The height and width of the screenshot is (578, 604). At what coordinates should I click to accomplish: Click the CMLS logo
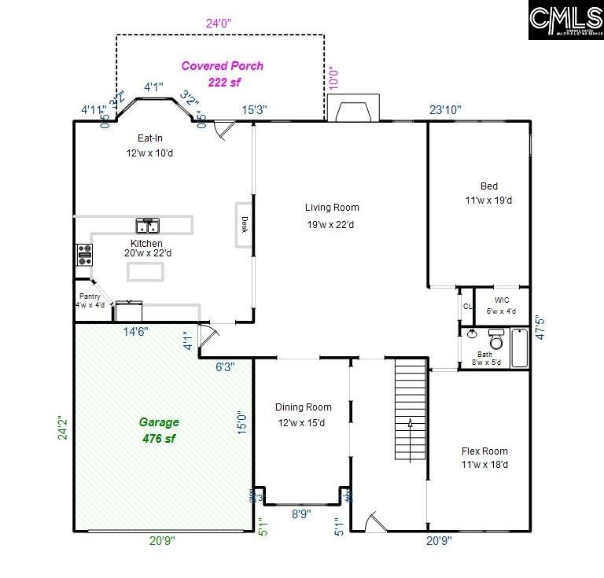point(565,20)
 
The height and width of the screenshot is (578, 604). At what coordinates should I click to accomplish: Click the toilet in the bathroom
point(496,341)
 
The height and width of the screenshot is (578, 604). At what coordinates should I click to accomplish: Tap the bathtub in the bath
point(520,348)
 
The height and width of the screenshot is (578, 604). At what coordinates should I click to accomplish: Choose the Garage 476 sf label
point(160,430)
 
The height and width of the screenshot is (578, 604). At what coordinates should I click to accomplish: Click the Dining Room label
point(303,414)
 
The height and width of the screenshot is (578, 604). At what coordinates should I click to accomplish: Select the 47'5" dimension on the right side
point(540,328)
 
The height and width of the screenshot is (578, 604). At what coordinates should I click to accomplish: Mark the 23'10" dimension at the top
point(444,110)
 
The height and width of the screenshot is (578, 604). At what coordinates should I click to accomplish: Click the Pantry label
point(88,300)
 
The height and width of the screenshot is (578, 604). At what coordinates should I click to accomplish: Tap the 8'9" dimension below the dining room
point(301,514)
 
